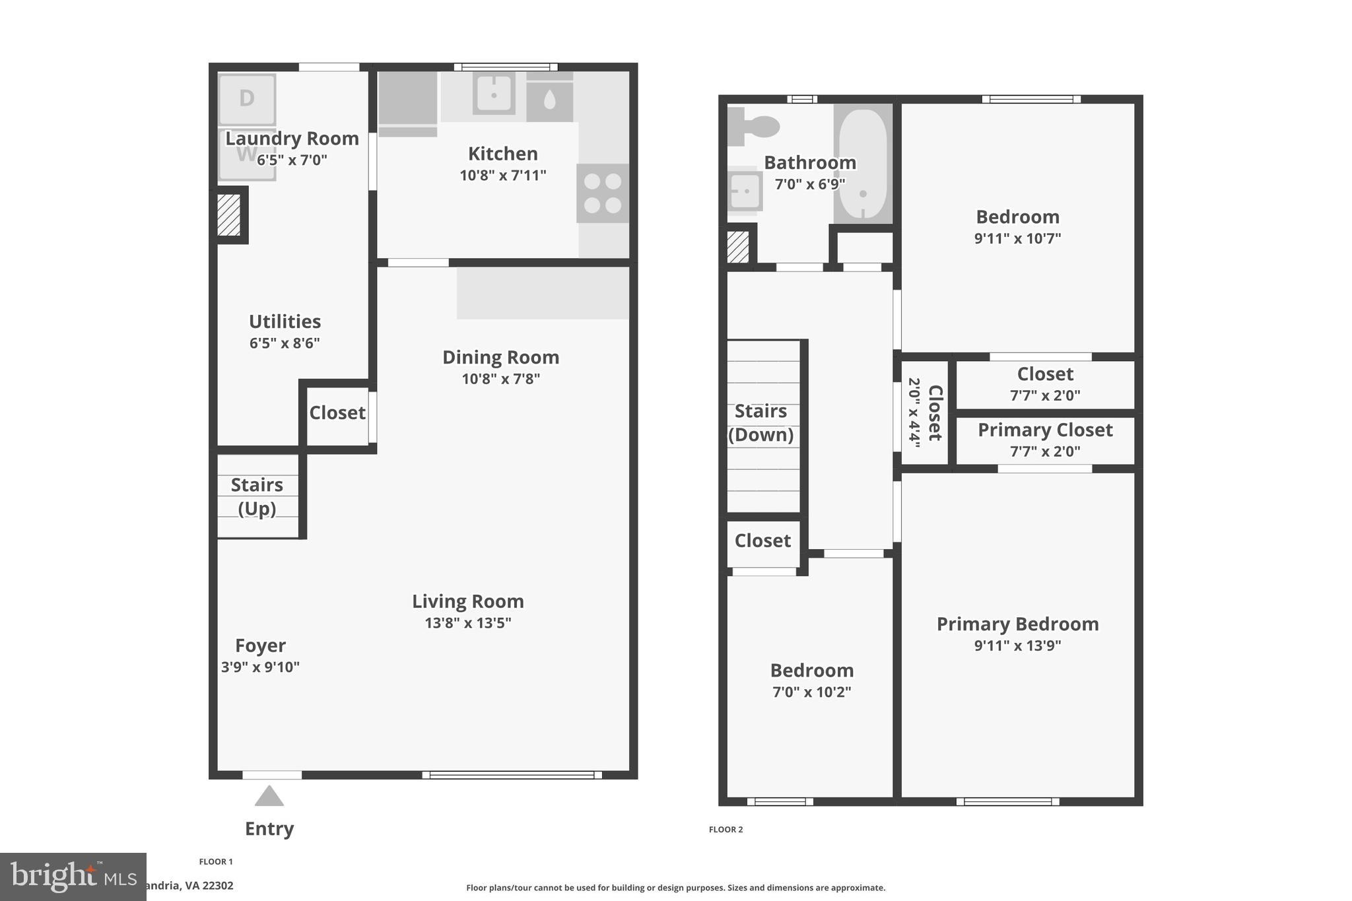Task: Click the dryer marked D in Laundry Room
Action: (x=246, y=99)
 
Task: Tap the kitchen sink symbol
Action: (x=494, y=93)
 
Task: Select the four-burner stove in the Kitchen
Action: (x=602, y=193)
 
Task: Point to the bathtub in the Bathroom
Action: (x=863, y=164)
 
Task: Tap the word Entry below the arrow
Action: (x=269, y=828)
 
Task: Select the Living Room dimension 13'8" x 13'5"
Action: (x=467, y=622)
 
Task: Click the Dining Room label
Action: (x=500, y=357)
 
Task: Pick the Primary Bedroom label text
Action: (x=1017, y=624)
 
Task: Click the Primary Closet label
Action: (x=1045, y=430)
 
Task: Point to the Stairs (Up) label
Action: (x=257, y=496)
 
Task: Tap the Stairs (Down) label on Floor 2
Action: (x=760, y=422)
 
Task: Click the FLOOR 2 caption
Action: (x=726, y=830)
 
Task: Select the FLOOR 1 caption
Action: (x=216, y=861)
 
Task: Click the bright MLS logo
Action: (x=73, y=877)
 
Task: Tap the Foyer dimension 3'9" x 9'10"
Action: (x=260, y=667)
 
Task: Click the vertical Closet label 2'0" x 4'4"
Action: (x=925, y=413)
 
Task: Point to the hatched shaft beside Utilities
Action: (x=229, y=215)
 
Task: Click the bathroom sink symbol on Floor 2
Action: (x=745, y=191)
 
